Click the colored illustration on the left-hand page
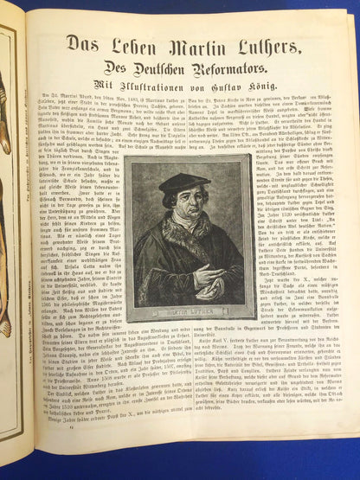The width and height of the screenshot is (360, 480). [x=6, y=216]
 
